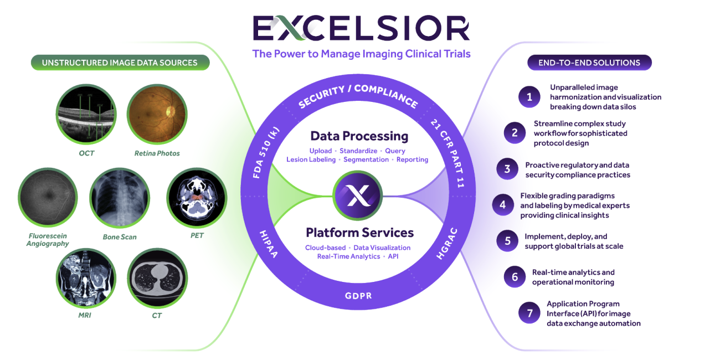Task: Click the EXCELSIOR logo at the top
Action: click(361, 28)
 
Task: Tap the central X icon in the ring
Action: click(357, 196)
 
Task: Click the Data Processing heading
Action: click(359, 136)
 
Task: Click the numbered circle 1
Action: click(529, 97)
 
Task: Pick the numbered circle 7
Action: click(529, 313)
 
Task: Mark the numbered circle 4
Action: click(502, 205)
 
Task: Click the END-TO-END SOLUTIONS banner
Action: click(589, 63)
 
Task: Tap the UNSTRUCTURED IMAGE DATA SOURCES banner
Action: click(120, 63)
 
